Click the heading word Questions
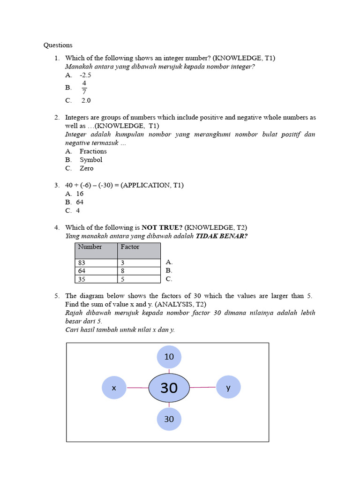pos(58,45)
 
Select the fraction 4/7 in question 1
pos(84,88)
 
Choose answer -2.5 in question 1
pos(85,75)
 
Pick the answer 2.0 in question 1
pos(86,100)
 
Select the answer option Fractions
pos(93,151)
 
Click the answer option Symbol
pos(90,160)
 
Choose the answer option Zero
pos(86,168)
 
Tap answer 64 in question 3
pos(80,202)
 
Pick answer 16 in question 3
pos(80,194)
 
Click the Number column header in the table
pos(90,247)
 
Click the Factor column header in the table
pos(130,247)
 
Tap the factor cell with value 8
pos(123,270)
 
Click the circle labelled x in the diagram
pos(114,388)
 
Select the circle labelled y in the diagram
pos(228,388)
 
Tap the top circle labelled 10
pos(169,357)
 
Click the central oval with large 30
pos(169,388)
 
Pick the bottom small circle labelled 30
pos(169,419)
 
